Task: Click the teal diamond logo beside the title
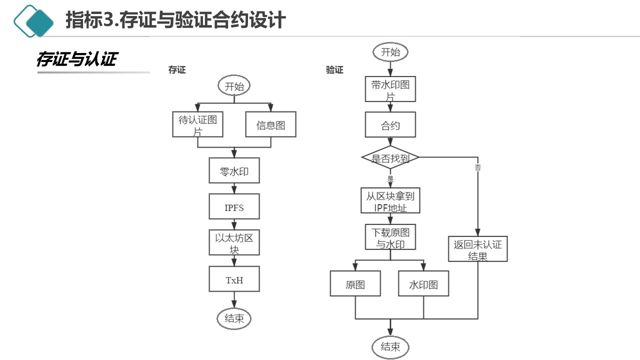click(34, 21)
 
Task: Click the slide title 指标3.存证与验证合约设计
click(175, 20)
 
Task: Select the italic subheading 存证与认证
click(76, 59)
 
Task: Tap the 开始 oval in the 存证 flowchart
click(234, 86)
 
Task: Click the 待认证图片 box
click(197, 124)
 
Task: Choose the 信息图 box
click(270, 124)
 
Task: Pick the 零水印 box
click(234, 171)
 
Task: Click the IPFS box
click(234, 206)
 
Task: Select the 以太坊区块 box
click(234, 242)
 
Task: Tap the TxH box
click(234, 279)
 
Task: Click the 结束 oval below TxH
click(234, 318)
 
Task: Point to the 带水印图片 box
click(390, 89)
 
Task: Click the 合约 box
click(390, 124)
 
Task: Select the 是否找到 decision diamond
click(390, 158)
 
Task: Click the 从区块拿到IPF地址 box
click(390, 201)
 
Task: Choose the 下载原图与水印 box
click(390, 237)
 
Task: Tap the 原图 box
click(355, 283)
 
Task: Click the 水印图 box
click(423, 283)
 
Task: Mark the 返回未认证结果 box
click(477, 249)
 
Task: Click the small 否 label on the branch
click(477, 168)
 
